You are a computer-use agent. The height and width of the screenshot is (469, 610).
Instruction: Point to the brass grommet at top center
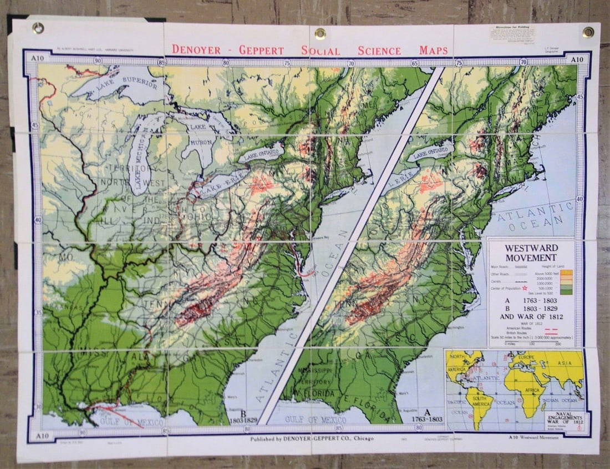(x=320, y=33)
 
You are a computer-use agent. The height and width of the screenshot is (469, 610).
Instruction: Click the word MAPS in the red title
(x=433, y=51)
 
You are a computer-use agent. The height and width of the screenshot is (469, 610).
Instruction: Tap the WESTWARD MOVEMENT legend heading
(x=531, y=253)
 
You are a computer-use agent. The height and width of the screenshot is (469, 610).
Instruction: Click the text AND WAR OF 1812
(x=531, y=317)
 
